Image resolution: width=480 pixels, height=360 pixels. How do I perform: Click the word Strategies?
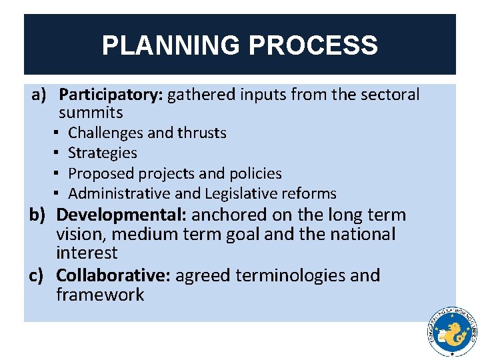[103, 153]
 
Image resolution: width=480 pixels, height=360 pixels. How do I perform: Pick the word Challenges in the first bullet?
[105, 133]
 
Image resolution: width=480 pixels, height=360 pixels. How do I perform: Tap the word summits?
[91, 113]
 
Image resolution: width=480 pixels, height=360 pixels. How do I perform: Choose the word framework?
[100, 295]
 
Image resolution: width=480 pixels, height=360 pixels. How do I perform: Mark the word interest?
[87, 253]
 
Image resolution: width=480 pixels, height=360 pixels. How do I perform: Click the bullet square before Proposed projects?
[59, 173]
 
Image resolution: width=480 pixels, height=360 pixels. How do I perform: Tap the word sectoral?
[390, 95]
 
